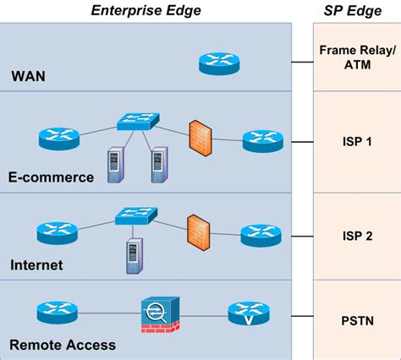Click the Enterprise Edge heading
pos(146,9)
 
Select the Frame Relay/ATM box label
pos(355,57)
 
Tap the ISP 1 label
pos(355,142)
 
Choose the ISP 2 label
pos(355,235)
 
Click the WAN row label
pos(28,77)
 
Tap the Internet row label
pos(36,265)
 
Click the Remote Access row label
pos(63,345)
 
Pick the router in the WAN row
pos(218,63)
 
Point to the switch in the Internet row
pos(134,215)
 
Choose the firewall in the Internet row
pos(198,229)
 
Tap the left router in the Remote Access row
pos(58,313)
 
